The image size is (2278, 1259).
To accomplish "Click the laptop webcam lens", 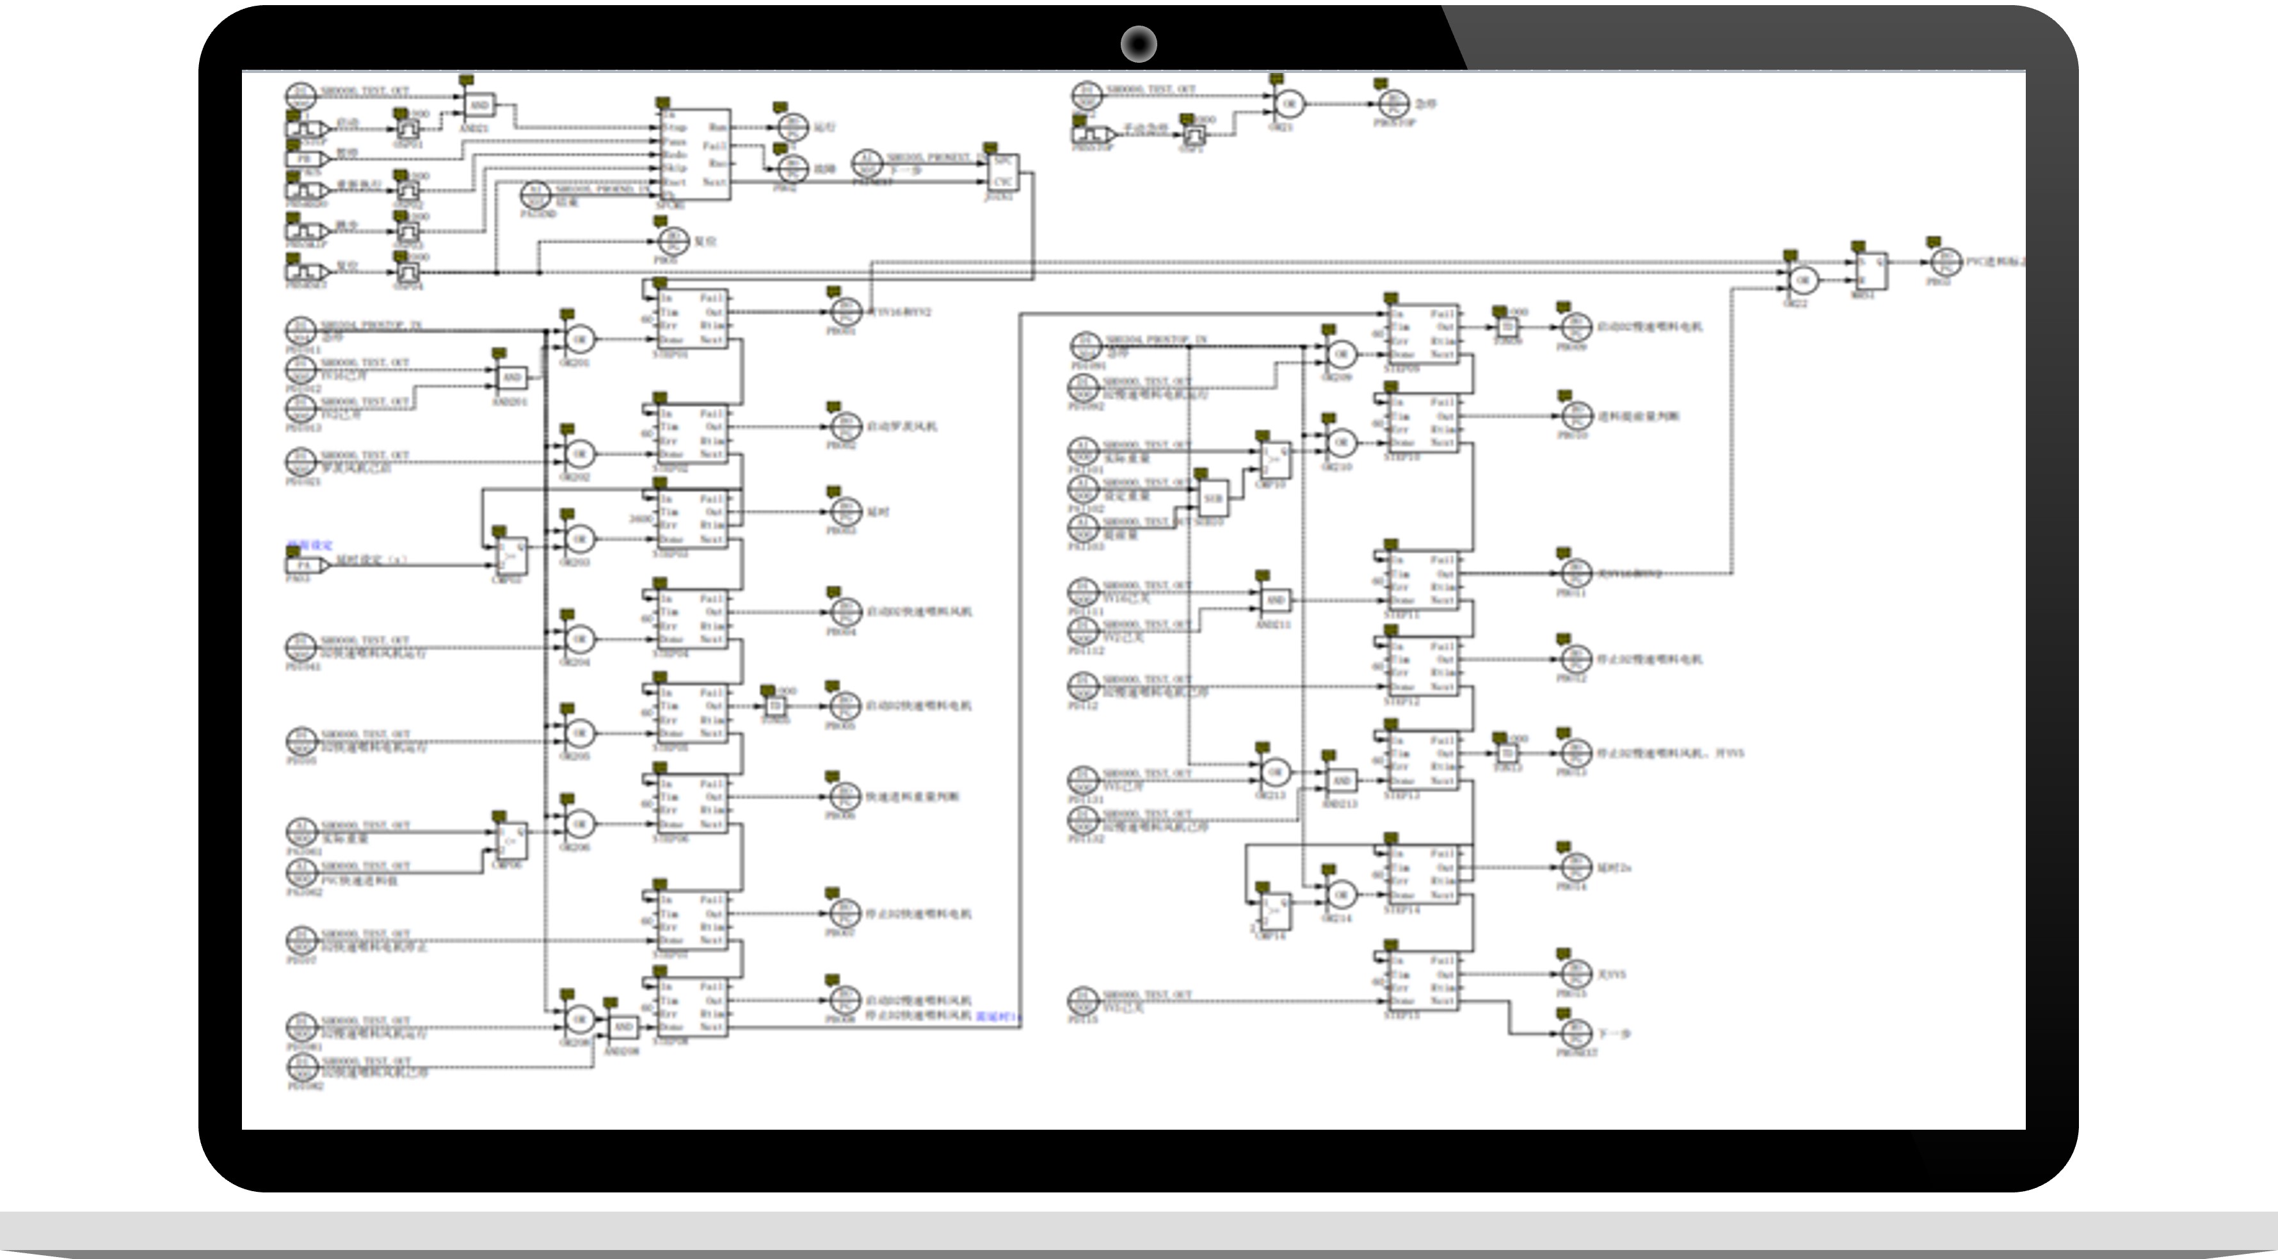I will [x=1138, y=44].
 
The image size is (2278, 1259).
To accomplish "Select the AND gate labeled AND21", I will [x=479, y=106].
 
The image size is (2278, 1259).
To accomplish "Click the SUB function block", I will [x=1212, y=499].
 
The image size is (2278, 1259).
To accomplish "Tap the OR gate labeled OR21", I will [x=1288, y=104].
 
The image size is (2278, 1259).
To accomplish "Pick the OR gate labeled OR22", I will [x=1803, y=280].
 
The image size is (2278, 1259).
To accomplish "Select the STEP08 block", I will [x=694, y=1006].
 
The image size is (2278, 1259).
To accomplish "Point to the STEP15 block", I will [x=1420, y=981].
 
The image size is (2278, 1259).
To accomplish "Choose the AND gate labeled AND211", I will [x=1274, y=600].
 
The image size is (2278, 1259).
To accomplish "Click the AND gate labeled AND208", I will [x=623, y=1027].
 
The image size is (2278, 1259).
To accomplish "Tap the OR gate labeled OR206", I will [x=579, y=824].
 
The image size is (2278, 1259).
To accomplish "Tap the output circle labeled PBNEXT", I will [x=1575, y=1032].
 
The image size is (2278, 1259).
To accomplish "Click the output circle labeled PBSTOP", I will [x=1395, y=104].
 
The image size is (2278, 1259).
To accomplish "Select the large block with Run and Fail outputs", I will [x=694, y=155].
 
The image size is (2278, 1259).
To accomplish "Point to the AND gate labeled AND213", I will [x=1341, y=781].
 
